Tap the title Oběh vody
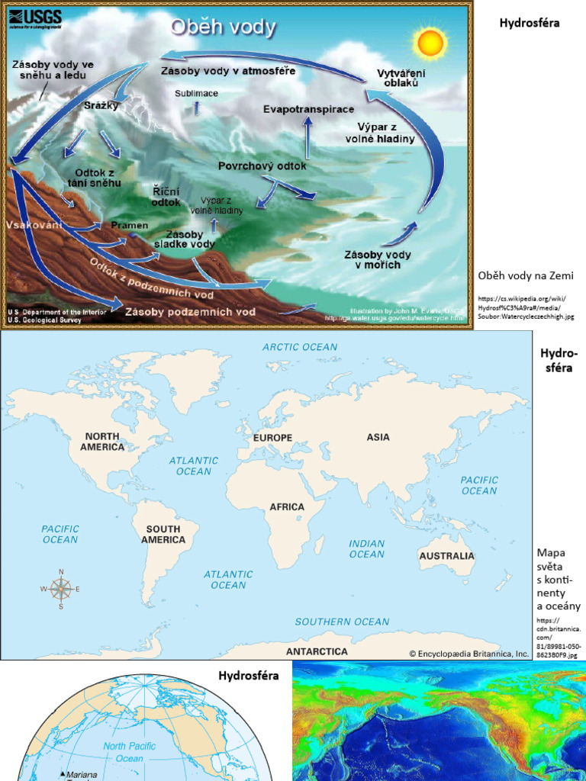tap(223, 28)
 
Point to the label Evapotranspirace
tap(309, 109)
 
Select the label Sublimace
tap(197, 93)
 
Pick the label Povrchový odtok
tap(262, 166)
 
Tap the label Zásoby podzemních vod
tap(190, 312)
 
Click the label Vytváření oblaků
tap(401, 79)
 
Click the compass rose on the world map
tap(61, 588)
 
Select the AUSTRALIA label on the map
tap(446, 556)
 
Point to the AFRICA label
tap(287, 506)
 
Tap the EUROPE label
tap(272, 438)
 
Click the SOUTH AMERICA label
tap(163, 534)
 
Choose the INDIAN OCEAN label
tap(367, 549)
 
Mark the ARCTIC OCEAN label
tap(300, 347)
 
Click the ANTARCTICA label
tap(317, 651)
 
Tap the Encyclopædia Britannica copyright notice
tap(468, 654)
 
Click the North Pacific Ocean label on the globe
tap(130, 752)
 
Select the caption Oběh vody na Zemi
tap(526, 275)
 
